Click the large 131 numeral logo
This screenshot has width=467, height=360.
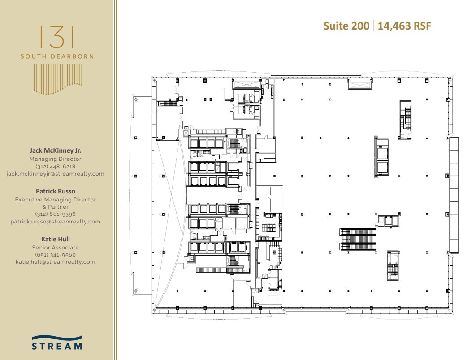(x=57, y=37)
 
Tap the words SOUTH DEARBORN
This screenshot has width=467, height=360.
(x=57, y=56)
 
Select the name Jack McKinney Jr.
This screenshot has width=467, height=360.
(x=56, y=151)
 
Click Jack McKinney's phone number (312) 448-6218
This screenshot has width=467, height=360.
(x=56, y=166)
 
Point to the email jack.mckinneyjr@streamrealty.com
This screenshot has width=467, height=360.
(x=56, y=174)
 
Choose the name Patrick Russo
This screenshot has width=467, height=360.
(x=56, y=191)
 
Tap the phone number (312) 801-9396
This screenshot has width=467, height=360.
(x=56, y=214)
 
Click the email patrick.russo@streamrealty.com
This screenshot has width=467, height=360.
(x=56, y=222)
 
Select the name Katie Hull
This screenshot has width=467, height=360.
(x=56, y=239)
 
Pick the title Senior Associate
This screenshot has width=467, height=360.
(x=56, y=248)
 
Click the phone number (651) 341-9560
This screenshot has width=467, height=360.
(x=56, y=255)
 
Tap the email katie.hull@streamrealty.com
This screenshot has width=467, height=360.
(x=56, y=262)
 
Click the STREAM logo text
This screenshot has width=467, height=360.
(x=57, y=346)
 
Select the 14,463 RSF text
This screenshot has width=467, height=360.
(x=404, y=26)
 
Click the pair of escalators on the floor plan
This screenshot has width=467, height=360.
(x=358, y=239)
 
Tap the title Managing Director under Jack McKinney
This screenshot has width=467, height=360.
(x=56, y=159)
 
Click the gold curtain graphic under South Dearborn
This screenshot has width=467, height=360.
(x=57, y=79)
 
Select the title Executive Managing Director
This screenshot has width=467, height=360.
(x=56, y=200)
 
